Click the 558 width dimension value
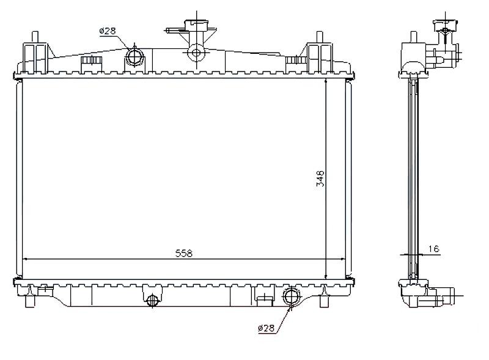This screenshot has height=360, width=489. (184, 253)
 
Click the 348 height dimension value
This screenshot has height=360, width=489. (320, 178)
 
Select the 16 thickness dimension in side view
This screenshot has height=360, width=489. (434, 249)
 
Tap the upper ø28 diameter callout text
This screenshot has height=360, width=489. (108, 31)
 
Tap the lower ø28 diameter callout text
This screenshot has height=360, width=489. (266, 328)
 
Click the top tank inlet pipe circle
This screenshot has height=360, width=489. (134, 56)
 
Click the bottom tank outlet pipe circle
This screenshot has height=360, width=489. (292, 296)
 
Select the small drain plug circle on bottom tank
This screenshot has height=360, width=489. (152, 301)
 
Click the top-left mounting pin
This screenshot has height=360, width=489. (35, 37)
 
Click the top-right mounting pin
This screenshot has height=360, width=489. (319, 37)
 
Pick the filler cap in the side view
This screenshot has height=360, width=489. (446, 25)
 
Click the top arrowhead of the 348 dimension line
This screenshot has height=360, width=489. (326, 81)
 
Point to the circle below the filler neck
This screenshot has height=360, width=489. (196, 53)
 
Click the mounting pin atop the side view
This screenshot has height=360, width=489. (414, 37)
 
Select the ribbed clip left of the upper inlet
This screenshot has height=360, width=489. (91, 61)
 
